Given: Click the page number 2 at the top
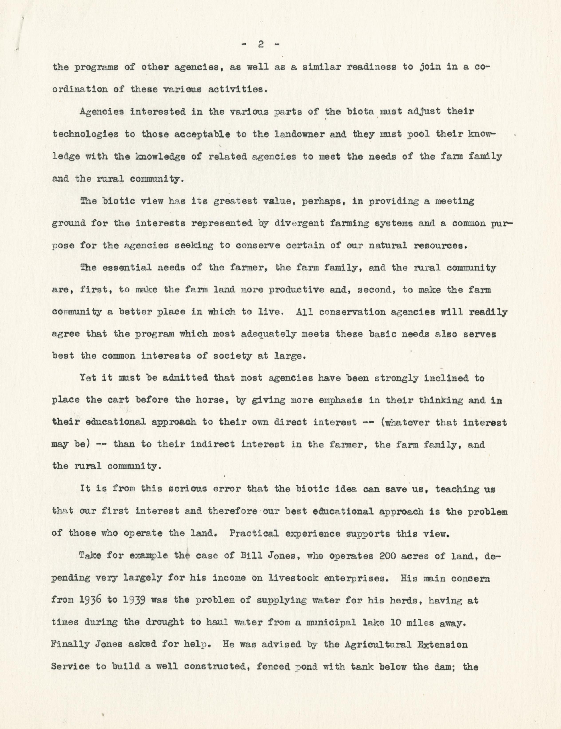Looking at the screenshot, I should pos(261,44).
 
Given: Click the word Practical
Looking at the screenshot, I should pos(254,533).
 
